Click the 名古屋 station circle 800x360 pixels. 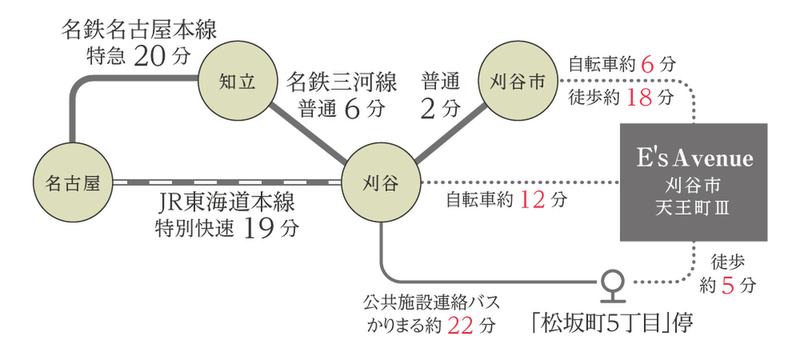point(73,182)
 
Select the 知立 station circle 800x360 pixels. point(238,81)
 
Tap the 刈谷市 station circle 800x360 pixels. point(518,81)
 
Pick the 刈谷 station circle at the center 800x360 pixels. point(381,182)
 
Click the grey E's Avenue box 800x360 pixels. point(693,182)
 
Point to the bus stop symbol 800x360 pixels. point(613,286)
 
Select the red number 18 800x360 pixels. point(639,97)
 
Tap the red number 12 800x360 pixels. point(533,199)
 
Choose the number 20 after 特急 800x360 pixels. point(150,57)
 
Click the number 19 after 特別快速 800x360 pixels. point(259,229)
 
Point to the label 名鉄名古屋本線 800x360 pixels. point(139,29)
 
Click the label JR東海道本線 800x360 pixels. point(227,202)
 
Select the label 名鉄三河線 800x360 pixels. point(342,82)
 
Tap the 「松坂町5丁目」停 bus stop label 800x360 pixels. point(612,323)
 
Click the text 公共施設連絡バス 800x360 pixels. point(431,303)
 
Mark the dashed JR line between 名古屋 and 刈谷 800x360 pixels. point(227,182)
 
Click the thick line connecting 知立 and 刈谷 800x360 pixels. point(307,133)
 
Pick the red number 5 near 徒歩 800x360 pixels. point(728,286)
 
